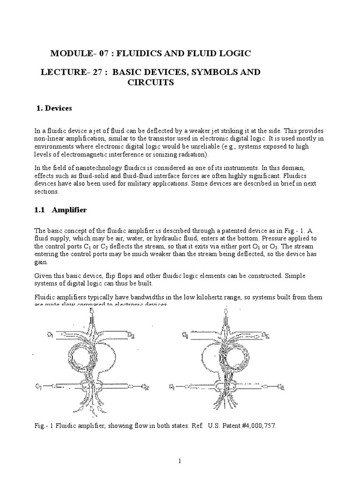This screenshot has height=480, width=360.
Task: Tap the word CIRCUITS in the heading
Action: [150, 82]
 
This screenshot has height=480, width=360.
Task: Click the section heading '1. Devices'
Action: [54, 108]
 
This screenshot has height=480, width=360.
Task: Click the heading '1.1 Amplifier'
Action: [61, 210]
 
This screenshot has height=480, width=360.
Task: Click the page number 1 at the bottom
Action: [180, 462]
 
